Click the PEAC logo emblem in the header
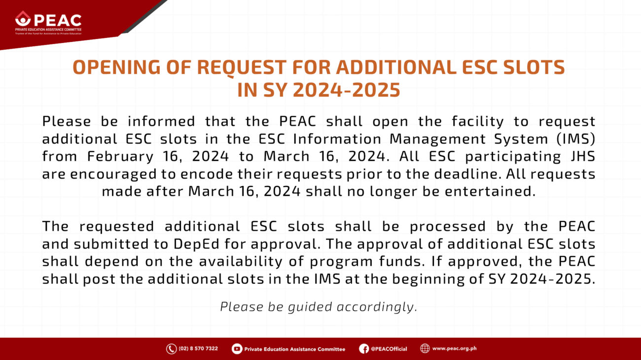coord(23,19)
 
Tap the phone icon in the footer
coord(171,349)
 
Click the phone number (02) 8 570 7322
coord(198,349)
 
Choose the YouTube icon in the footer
coord(237,349)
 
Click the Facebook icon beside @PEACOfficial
coord(364,349)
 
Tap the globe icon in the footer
coord(425,349)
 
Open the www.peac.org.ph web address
coord(454,349)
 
